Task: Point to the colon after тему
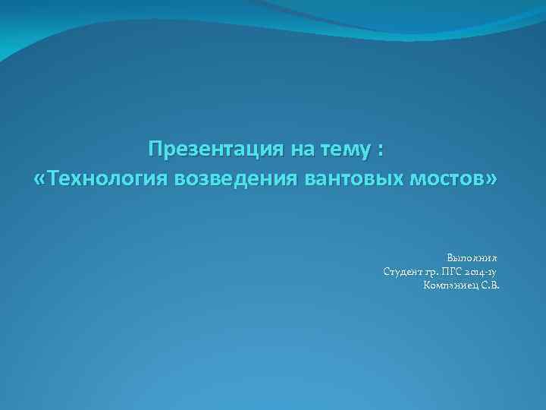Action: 379,149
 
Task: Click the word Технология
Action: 107,180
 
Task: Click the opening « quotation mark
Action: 40,181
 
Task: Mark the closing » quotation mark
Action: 494,181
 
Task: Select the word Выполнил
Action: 472,258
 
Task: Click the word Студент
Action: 406,272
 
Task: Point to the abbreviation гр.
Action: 439,273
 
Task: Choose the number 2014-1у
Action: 488,272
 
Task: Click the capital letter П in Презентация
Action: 155,147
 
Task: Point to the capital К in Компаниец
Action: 428,285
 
